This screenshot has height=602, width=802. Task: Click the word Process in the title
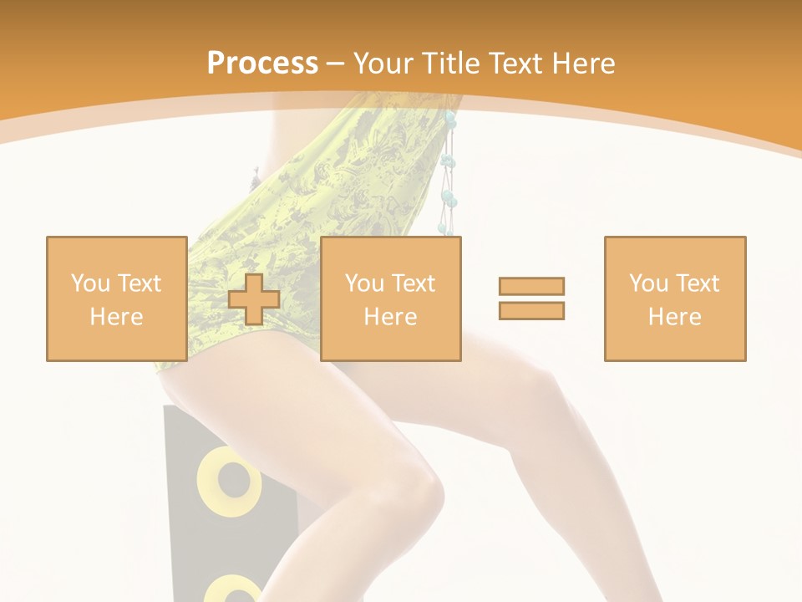pos(262,64)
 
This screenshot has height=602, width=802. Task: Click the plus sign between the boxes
pos(254,299)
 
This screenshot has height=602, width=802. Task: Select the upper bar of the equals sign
pos(531,286)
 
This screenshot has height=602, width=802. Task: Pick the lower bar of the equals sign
pos(531,310)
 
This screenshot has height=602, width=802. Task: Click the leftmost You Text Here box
pos(116,298)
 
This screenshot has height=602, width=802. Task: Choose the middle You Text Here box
pos(390,298)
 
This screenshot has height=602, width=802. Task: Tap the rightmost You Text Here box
pos(674,298)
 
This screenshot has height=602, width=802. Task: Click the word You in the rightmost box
pos(648,283)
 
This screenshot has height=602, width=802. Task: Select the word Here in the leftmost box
pos(116,317)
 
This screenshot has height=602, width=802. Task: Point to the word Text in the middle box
pos(414,283)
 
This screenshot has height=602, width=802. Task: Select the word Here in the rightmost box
pos(674,317)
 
